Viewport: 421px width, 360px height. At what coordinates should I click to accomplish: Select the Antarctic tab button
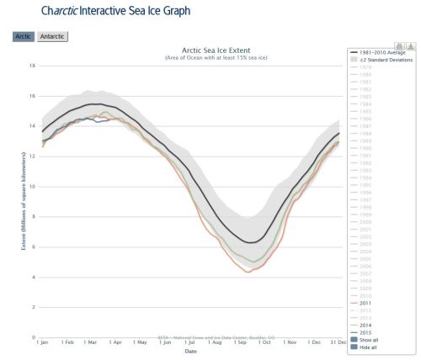click(53, 36)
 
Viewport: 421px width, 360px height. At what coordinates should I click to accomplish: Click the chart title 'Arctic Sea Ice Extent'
click(193, 50)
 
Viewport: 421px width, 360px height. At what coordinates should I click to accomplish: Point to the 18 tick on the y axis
click(31, 66)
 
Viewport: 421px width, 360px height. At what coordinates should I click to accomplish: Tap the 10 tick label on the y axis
click(31, 187)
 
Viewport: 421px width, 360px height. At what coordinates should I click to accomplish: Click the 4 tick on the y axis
click(32, 277)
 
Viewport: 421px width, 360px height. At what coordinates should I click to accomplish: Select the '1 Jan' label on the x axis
click(42, 343)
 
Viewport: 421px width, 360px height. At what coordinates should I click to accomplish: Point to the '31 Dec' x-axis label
click(335, 343)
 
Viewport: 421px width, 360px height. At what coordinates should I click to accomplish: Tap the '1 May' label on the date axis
click(140, 343)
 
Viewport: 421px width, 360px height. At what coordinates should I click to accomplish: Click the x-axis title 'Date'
click(191, 352)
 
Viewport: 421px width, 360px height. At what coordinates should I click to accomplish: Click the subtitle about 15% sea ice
click(193, 57)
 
